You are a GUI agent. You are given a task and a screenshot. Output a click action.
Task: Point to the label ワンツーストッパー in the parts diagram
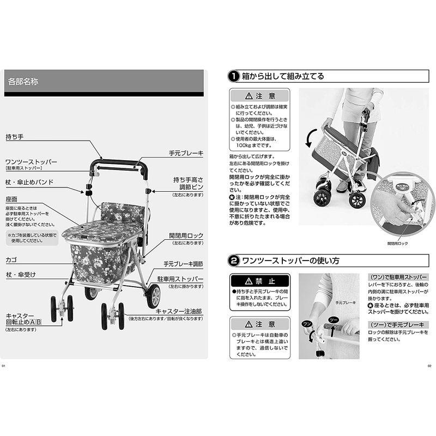pyautogui.click(x=31, y=162)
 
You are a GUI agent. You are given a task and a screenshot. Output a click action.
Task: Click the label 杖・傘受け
pyautogui.click(x=21, y=274)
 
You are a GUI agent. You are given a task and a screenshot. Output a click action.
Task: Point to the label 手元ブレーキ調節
pyautogui.click(x=183, y=264)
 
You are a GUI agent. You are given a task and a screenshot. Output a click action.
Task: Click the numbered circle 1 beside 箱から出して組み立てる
pyautogui.click(x=232, y=76)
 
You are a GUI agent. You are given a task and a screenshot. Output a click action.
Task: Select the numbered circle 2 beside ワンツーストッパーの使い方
pyautogui.click(x=232, y=261)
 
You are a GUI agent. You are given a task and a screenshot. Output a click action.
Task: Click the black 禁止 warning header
pyautogui.click(x=259, y=281)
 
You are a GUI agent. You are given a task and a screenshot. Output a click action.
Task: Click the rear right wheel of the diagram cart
pyautogui.click(x=153, y=296)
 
